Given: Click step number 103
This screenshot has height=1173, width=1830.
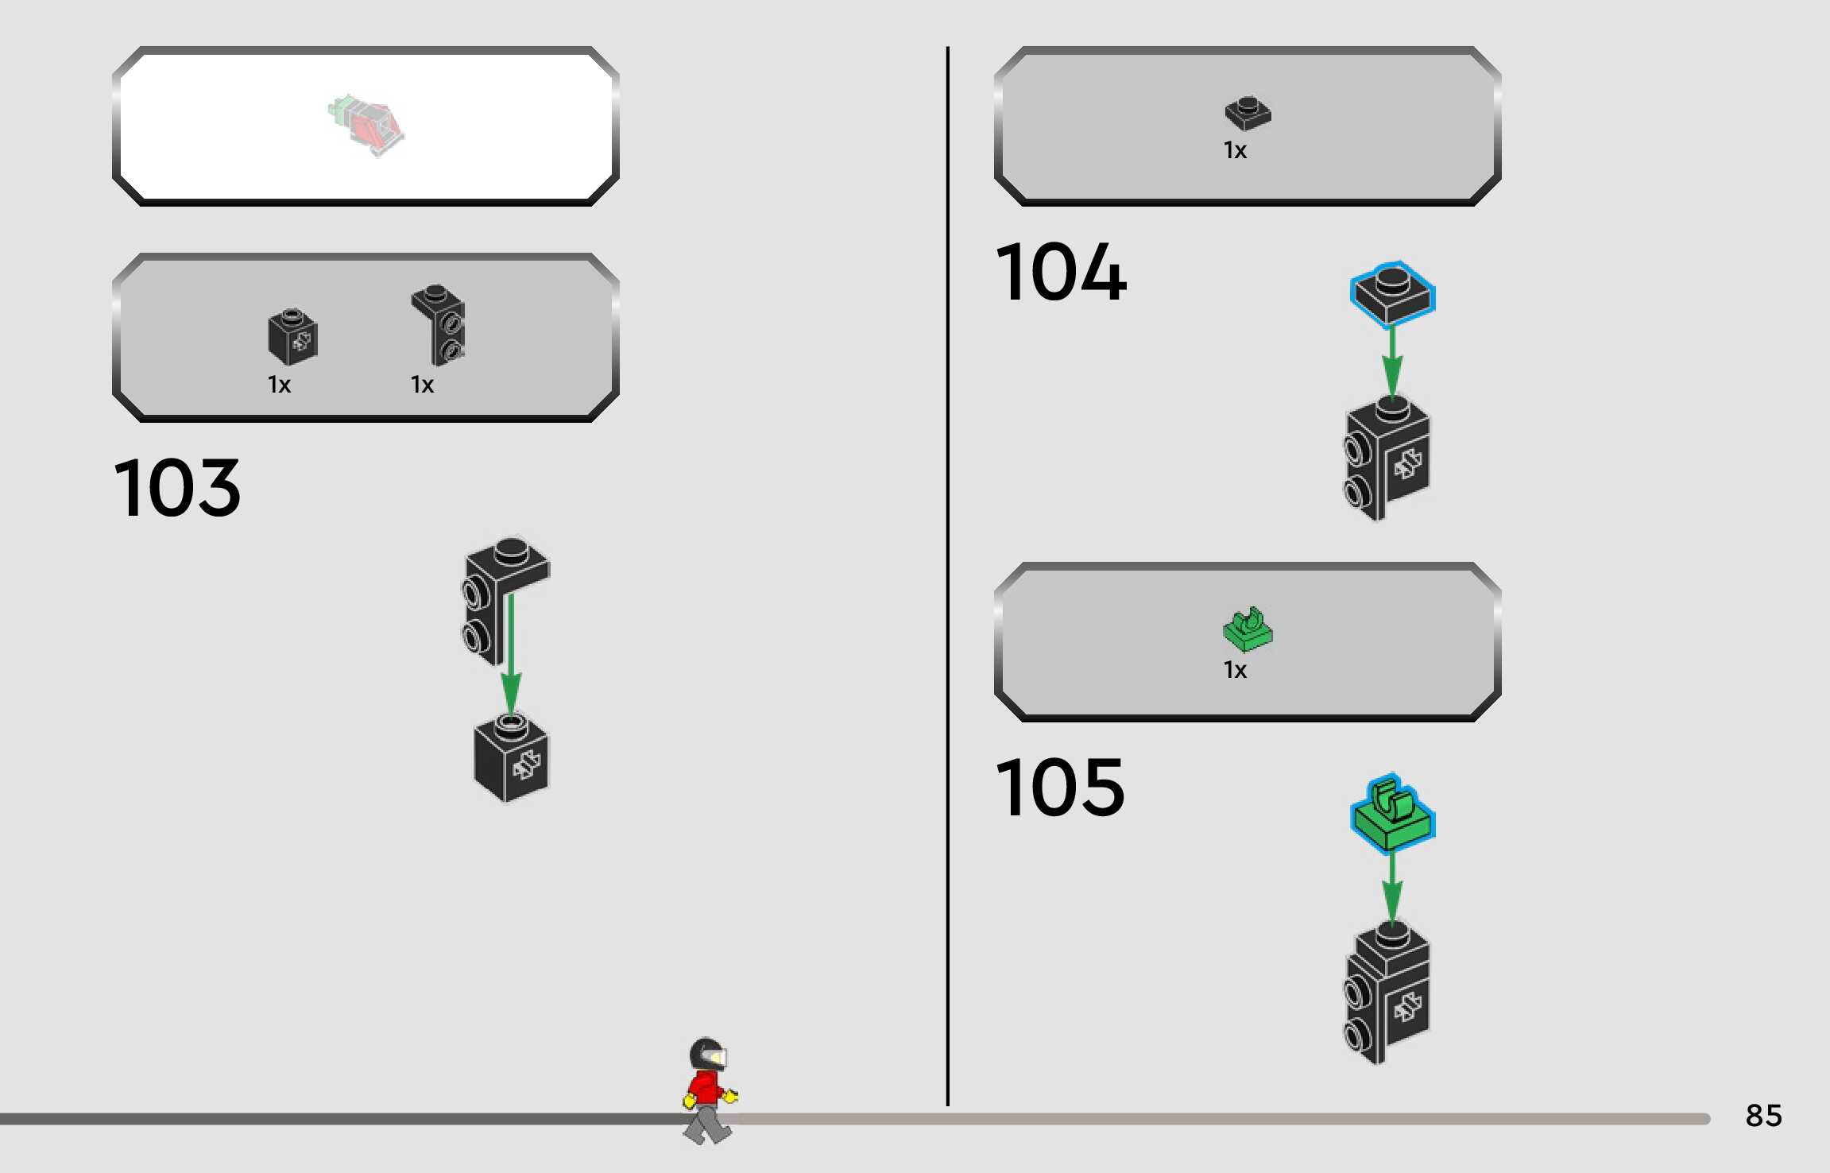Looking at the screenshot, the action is [x=177, y=488].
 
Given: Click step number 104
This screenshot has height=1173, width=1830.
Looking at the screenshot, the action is [x=1060, y=273].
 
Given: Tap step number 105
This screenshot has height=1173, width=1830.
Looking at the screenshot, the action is [x=1060, y=788].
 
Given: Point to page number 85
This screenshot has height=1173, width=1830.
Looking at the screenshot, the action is [x=1763, y=1116].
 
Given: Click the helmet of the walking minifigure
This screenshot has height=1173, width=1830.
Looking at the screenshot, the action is [x=706, y=1054].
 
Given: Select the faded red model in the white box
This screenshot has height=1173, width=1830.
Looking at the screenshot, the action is [x=367, y=126].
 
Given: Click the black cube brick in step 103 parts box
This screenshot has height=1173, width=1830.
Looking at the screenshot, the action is [x=292, y=337].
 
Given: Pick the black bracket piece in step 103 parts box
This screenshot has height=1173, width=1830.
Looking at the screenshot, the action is [x=439, y=325].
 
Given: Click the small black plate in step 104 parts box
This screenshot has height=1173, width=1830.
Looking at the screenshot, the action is [x=1248, y=114].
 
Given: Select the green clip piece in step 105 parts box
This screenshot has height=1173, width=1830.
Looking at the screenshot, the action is [x=1248, y=629].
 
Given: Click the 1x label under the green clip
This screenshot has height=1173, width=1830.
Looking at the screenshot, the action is [x=1235, y=671].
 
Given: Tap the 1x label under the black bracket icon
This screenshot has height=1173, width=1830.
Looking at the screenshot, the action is [x=422, y=385].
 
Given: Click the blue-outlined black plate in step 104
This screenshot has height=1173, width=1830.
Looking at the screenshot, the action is [x=1392, y=292].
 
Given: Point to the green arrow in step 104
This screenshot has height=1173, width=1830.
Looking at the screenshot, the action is [x=1392, y=362].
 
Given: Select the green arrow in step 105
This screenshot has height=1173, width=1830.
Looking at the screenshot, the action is [x=1392, y=886].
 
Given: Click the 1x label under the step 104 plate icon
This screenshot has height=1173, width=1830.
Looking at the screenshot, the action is [x=1235, y=151].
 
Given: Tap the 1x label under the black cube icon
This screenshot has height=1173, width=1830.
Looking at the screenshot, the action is [x=279, y=385].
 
